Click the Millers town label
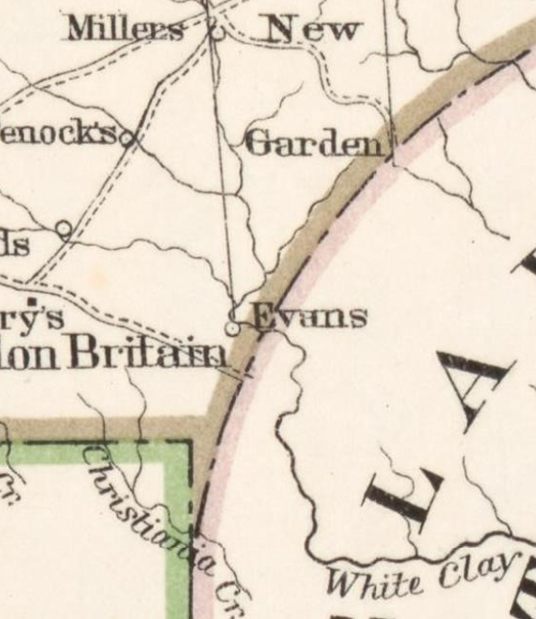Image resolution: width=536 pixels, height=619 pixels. pos(124,29)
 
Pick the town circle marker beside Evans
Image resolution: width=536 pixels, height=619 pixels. pos(232,329)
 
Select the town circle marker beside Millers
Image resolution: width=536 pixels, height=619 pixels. pos(215,33)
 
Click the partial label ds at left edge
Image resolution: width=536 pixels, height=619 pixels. pos(14,245)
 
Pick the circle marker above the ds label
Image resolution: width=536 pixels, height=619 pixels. pos(64,229)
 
